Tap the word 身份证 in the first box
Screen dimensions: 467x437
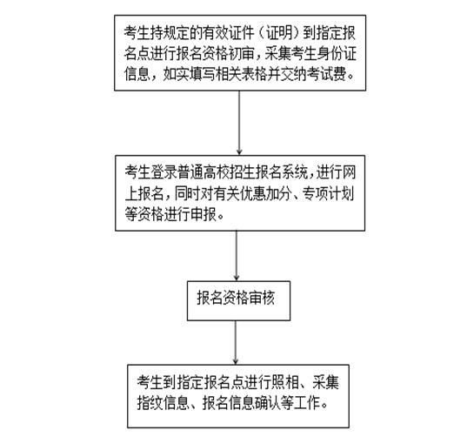click(337, 53)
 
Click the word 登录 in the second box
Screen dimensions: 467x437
click(163, 172)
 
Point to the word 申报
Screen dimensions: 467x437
click(203, 214)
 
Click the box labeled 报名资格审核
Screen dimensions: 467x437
click(238, 301)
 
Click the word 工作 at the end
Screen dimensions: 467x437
click(307, 403)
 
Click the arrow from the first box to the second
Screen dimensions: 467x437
click(239, 123)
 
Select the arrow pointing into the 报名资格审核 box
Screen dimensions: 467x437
click(237, 256)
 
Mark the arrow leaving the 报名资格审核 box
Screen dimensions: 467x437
click(236, 342)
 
